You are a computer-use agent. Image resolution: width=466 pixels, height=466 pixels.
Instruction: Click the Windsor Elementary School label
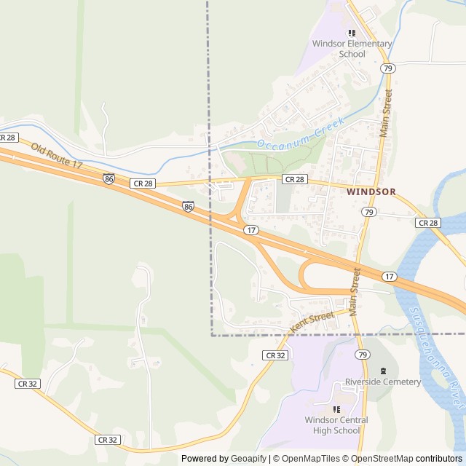pyautogui.click(x=352, y=49)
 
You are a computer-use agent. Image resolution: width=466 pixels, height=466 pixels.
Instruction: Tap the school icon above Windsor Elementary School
pyautogui.click(x=352, y=33)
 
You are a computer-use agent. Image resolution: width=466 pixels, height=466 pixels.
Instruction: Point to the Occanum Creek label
pyautogui.click(x=299, y=136)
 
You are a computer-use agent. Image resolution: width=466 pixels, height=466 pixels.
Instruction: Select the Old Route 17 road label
pyautogui.click(x=56, y=156)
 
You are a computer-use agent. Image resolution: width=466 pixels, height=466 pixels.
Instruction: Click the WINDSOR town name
pyautogui.click(x=371, y=192)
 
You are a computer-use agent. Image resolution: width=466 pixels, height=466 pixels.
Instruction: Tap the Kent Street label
pyautogui.click(x=312, y=321)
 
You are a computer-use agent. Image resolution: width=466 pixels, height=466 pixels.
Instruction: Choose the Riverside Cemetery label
pyautogui.click(x=383, y=382)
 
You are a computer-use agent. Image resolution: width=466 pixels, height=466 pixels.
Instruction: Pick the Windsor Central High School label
pyautogui.click(x=336, y=425)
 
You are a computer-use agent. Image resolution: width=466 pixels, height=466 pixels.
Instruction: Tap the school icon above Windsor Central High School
pyautogui.click(x=336, y=409)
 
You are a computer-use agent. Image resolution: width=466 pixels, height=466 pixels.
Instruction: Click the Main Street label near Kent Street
pyautogui.click(x=355, y=291)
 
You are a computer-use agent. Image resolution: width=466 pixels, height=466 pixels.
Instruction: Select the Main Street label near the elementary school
pyautogui.click(x=385, y=113)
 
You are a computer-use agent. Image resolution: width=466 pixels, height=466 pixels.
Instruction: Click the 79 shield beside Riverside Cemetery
pyautogui.click(x=363, y=355)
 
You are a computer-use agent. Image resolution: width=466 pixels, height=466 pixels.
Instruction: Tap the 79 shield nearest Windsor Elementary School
pyautogui.click(x=387, y=68)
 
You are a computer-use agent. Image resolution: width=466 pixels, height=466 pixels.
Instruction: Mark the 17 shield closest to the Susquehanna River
pyautogui.click(x=390, y=277)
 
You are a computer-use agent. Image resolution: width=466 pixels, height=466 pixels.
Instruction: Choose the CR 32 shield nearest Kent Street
pyautogui.click(x=275, y=355)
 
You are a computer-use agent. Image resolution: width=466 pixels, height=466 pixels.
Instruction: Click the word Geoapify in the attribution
pyautogui.click(x=249, y=459)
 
